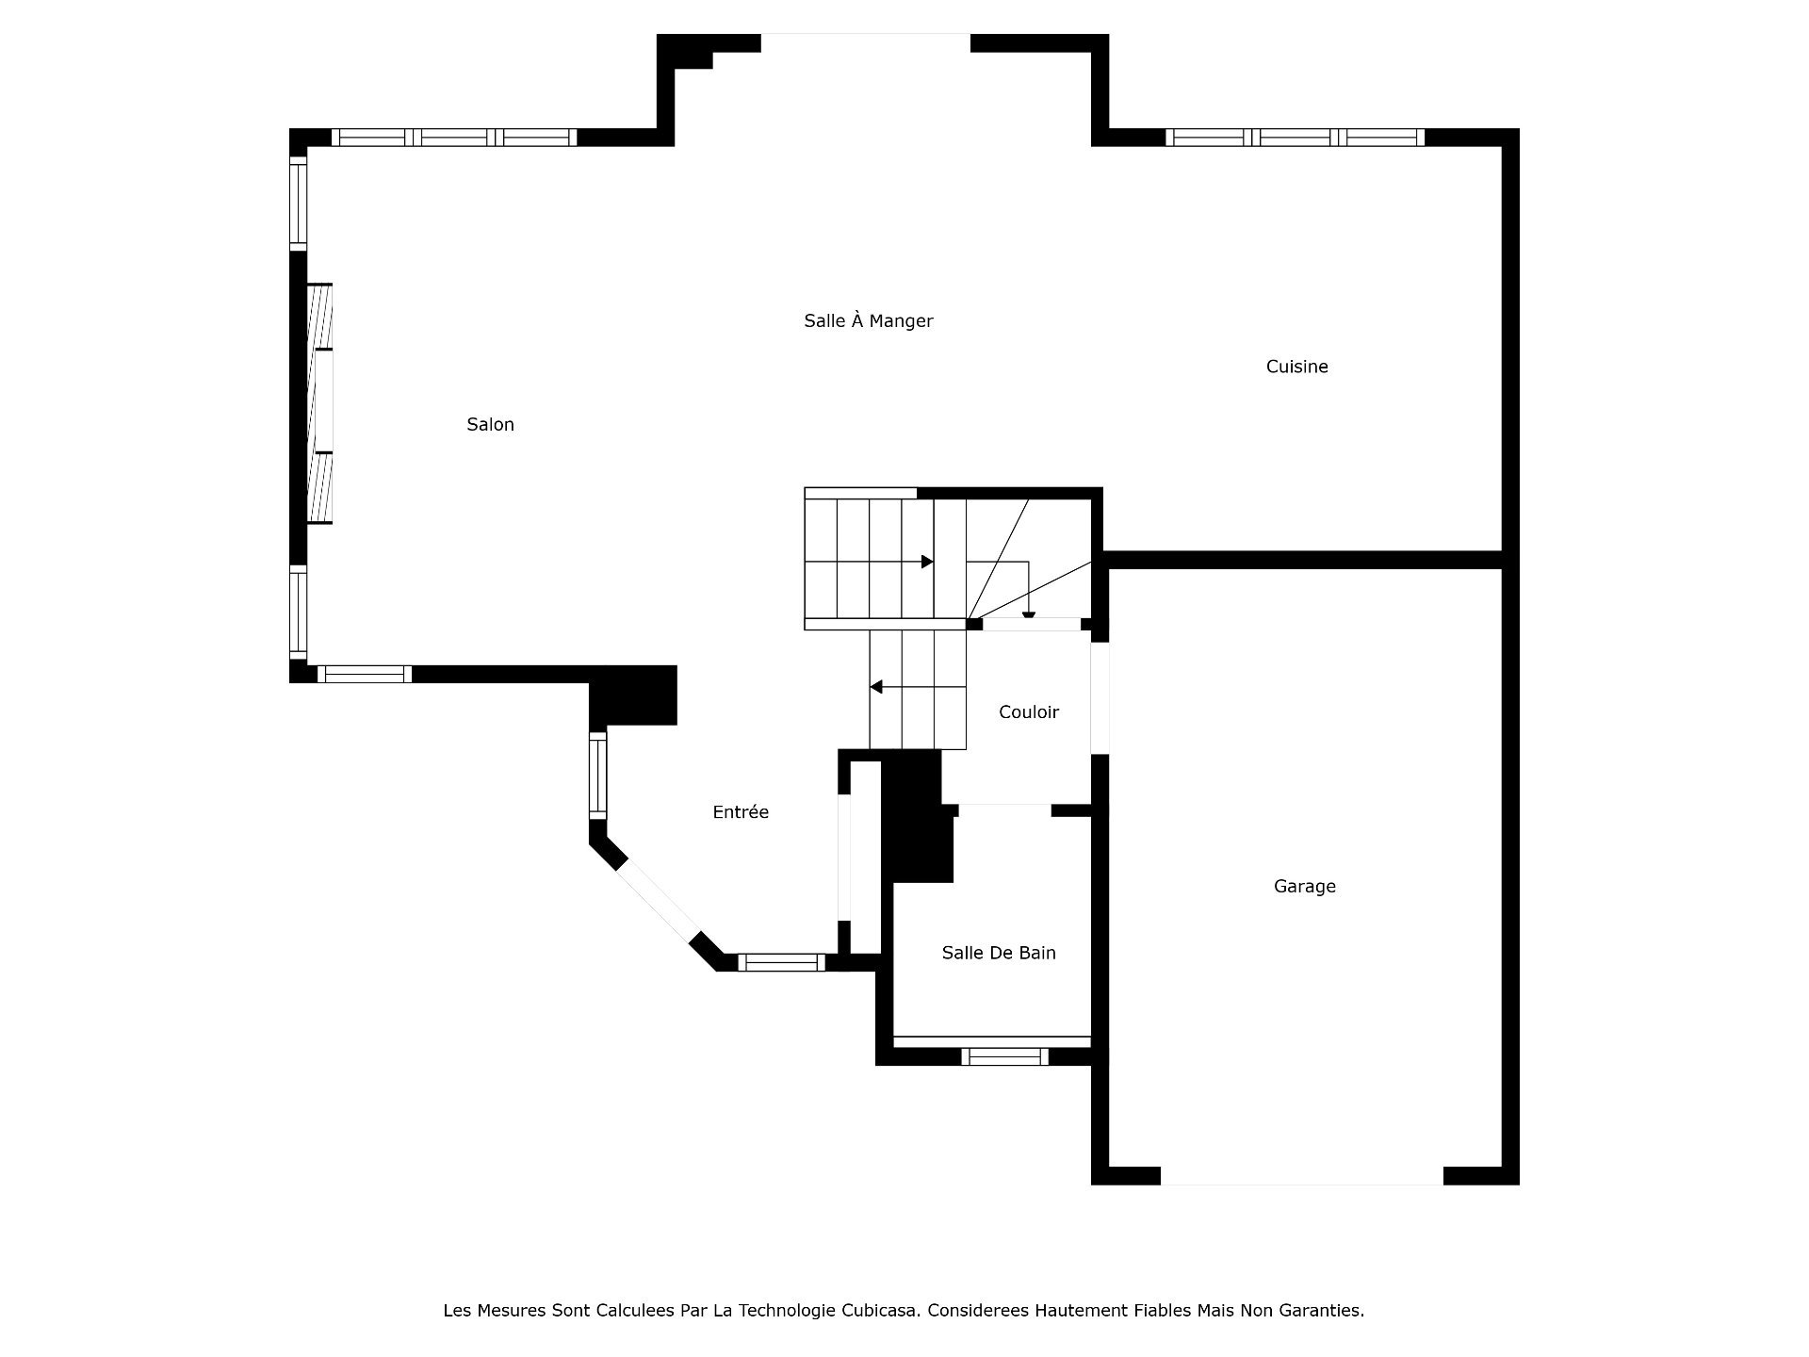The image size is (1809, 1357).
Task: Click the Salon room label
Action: pyautogui.click(x=490, y=425)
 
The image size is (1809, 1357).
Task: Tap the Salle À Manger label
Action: pyautogui.click(x=868, y=320)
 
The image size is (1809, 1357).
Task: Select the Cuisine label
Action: pyautogui.click(x=1296, y=367)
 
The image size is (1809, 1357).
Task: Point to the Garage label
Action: pyautogui.click(x=1304, y=886)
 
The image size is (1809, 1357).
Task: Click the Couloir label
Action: pyautogui.click(x=1028, y=712)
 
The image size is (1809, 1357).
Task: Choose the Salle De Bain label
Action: pyautogui.click(x=998, y=953)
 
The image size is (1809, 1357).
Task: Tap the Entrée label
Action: pyautogui.click(x=741, y=811)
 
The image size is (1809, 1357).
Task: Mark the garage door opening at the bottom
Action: pyautogui.click(x=1301, y=1175)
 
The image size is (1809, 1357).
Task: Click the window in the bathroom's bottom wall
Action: pyautogui.click(x=1004, y=1056)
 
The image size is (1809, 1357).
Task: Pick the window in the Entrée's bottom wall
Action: pyautogui.click(x=781, y=962)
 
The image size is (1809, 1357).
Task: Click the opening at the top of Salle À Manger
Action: pyautogui.click(x=865, y=43)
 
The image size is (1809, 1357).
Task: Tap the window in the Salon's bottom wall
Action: pyautogui.click(x=365, y=674)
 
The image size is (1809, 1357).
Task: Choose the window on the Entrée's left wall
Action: pyautogui.click(x=598, y=775)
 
